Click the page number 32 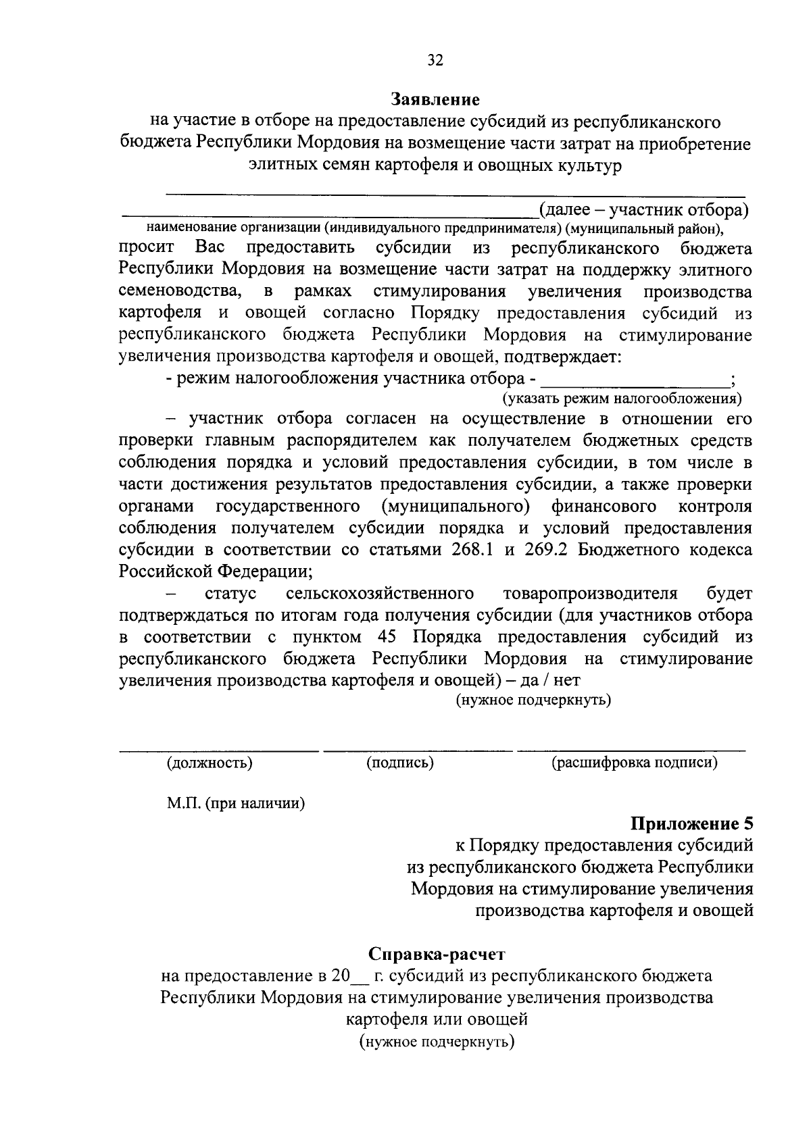tap(435, 60)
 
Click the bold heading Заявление tap(435, 100)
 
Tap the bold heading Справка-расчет tap(437, 955)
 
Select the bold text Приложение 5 tap(691, 823)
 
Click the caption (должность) tap(210, 763)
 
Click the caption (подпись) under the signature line tap(400, 763)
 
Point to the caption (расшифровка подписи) tap(634, 763)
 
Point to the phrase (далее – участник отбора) tap(643, 209)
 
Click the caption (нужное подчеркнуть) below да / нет tap(533, 700)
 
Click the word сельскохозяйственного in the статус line tap(379, 594)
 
